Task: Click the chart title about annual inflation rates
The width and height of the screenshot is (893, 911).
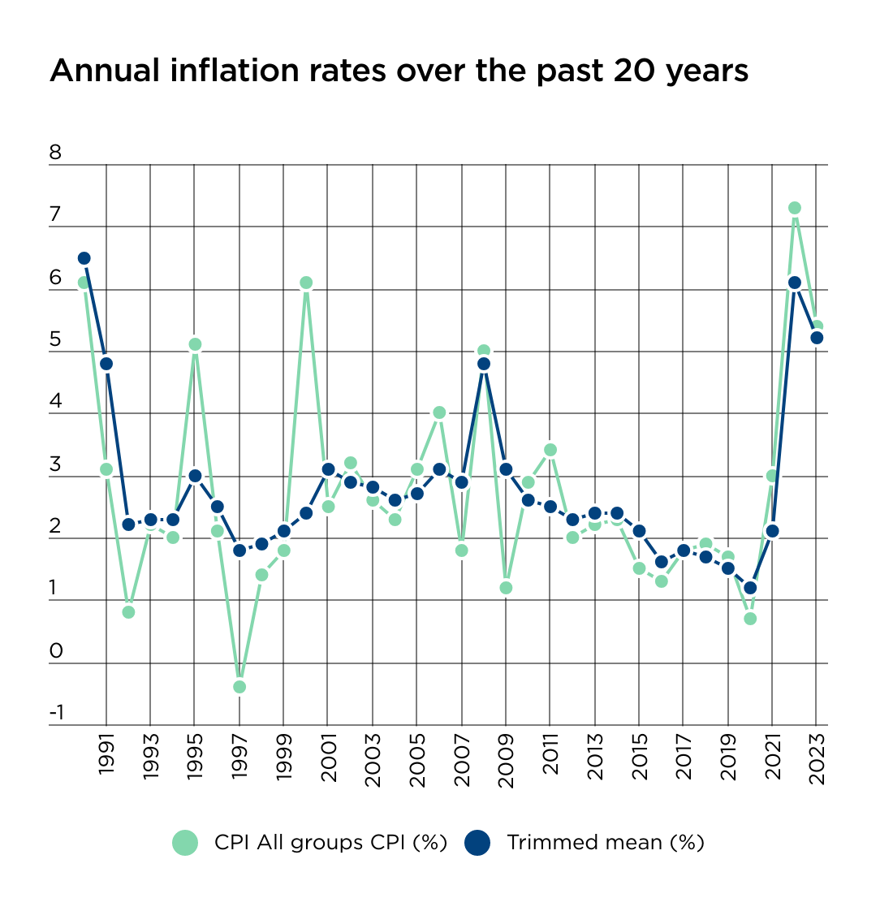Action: [x=399, y=71]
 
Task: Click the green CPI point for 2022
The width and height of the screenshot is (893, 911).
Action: [x=795, y=208]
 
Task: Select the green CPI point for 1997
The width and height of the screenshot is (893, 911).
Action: [x=239, y=687]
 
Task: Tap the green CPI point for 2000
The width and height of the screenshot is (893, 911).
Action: [x=306, y=283]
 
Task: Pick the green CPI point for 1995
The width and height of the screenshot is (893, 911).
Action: [x=195, y=344]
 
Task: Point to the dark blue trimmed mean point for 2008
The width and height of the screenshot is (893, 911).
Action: [x=484, y=364]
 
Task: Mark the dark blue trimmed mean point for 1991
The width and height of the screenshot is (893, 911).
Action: [x=106, y=364]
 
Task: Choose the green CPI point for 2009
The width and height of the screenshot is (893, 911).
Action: [x=506, y=588]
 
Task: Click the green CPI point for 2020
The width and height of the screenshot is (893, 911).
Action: [x=750, y=619]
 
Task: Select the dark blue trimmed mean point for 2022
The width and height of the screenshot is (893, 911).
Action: [x=795, y=283]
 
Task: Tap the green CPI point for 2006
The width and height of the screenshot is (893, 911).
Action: [x=439, y=412]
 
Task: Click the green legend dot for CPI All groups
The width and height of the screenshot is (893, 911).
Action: [x=185, y=843]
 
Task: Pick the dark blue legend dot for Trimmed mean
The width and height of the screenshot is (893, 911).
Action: [x=477, y=843]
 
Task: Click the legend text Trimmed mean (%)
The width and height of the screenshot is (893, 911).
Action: [x=605, y=843]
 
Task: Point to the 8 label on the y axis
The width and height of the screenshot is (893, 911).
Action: [x=55, y=153]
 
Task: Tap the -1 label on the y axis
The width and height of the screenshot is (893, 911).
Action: [x=56, y=714]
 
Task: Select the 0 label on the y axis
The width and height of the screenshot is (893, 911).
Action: [x=55, y=651]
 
